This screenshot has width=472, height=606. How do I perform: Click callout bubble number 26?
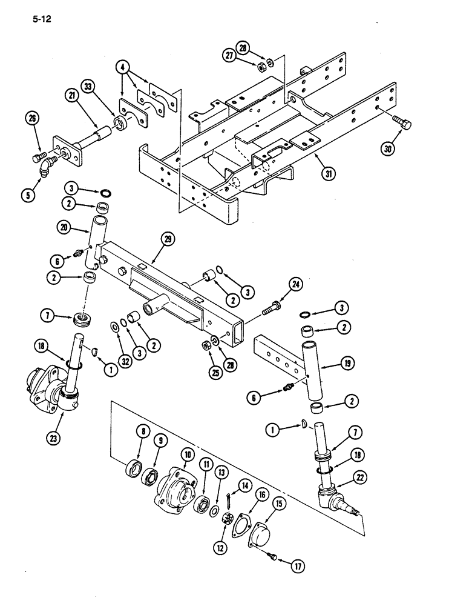coord(32,118)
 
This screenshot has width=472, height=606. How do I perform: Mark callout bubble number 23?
coord(62,416)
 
